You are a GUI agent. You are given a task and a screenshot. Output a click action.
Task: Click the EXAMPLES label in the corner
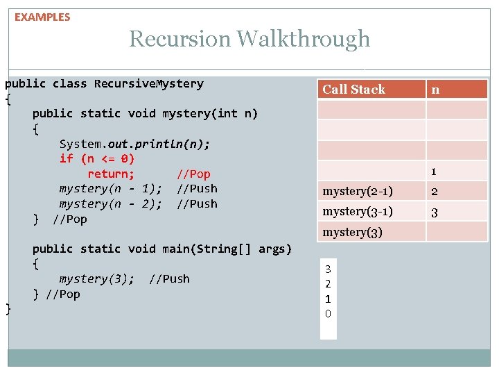click(x=42, y=17)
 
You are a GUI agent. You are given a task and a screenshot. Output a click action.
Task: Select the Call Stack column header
click(x=353, y=89)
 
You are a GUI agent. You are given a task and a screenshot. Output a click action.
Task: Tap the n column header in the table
click(x=435, y=89)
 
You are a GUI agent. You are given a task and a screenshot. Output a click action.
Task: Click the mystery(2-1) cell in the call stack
click(x=358, y=191)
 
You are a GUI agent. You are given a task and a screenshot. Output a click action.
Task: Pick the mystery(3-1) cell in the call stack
click(x=358, y=211)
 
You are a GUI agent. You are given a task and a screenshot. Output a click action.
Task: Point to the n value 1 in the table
click(x=433, y=171)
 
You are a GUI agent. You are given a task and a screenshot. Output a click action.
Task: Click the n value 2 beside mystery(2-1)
click(x=434, y=192)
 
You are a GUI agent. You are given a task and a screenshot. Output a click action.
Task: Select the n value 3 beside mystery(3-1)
click(x=434, y=212)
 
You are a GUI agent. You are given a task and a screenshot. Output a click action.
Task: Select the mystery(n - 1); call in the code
click(x=111, y=189)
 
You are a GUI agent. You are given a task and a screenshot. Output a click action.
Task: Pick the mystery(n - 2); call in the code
click(x=111, y=204)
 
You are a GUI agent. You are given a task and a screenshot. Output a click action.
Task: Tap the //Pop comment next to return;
click(x=193, y=174)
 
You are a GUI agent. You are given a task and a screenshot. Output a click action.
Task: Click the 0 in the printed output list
click(x=328, y=314)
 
